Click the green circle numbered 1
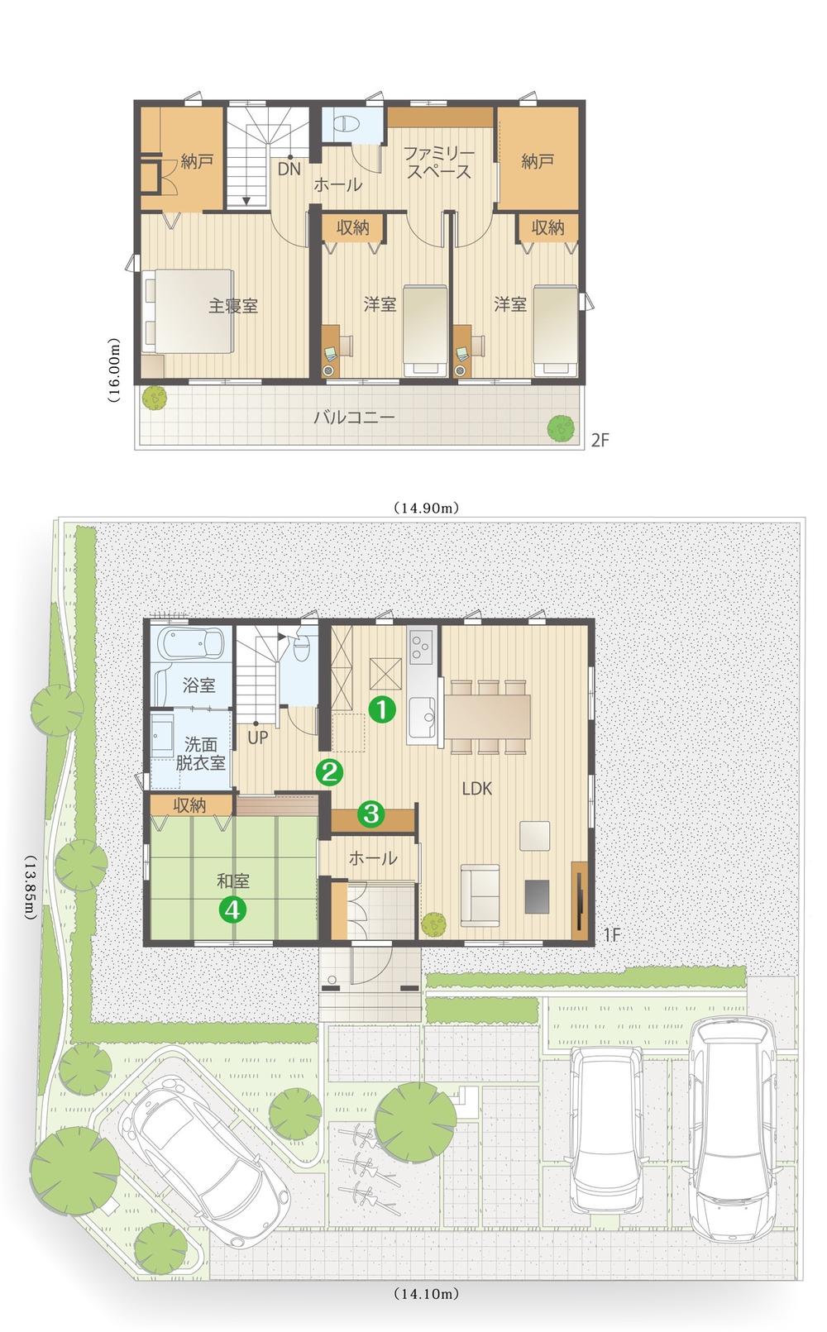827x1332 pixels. click(381, 709)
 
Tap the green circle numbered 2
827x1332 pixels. click(329, 772)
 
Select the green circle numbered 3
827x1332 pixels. click(370, 814)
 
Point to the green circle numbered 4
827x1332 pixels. click(232, 909)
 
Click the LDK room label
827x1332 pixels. click(476, 789)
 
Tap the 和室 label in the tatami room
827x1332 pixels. click(233, 882)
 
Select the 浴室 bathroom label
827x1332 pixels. click(198, 685)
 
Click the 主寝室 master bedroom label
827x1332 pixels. click(232, 306)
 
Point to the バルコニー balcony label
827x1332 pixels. click(354, 417)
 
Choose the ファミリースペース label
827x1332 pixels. click(437, 164)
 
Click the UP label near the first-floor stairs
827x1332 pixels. click(257, 738)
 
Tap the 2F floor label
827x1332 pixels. click(600, 441)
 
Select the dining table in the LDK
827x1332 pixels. click(488, 715)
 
